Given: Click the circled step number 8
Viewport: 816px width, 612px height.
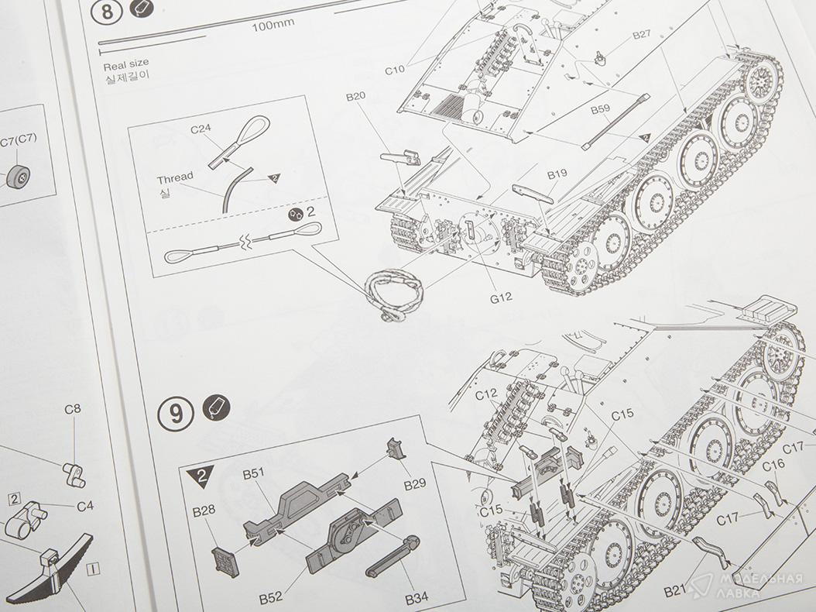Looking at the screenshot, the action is [x=107, y=12].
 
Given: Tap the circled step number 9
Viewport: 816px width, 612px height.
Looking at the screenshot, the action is [x=176, y=414].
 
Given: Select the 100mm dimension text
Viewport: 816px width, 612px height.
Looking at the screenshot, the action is [x=273, y=25].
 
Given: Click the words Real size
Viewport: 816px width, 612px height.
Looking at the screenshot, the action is [x=126, y=64].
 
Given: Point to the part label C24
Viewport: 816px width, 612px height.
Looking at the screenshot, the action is [x=201, y=129].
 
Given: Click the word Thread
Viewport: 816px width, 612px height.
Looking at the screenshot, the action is [x=175, y=178].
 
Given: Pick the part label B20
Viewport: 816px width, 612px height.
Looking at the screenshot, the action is [x=355, y=96].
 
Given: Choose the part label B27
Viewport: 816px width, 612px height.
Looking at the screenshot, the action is [x=642, y=34].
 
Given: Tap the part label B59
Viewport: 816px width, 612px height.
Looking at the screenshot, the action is [x=600, y=110].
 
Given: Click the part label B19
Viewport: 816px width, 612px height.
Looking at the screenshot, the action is [x=557, y=174].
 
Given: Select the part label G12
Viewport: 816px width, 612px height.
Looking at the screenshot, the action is [x=501, y=298].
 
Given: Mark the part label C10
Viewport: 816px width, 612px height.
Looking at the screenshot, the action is [x=395, y=70].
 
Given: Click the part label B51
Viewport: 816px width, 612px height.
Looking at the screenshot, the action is [x=253, y=473].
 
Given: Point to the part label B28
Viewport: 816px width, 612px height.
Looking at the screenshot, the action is [x=204, y=511].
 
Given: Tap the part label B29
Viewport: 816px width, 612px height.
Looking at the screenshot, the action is [x=415, y=484].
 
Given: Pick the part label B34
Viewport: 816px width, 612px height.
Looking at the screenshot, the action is [x=417, y=599].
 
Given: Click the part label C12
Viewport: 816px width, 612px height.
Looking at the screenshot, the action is [x=486, y=395].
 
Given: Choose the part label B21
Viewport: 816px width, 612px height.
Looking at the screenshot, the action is [x=676, y=591].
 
